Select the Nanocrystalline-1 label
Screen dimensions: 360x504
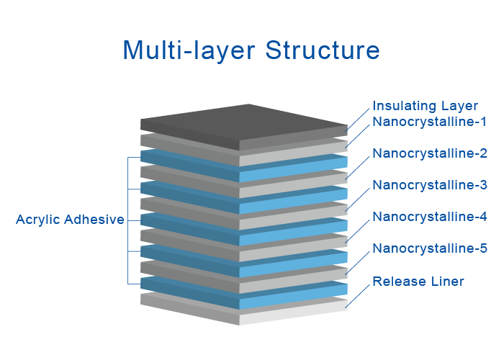[x=430, y=122]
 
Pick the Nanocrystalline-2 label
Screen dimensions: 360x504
[x=430, y=153]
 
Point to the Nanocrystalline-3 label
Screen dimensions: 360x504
[x=430, y=185]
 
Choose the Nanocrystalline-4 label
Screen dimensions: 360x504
[x=430, y=217]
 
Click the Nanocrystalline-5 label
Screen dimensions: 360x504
[x=430, y=248]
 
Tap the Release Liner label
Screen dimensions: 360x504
[x=418, y=281]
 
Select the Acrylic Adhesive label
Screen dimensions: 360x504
[x=70, y=220]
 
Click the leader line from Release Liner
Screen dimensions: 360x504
[x=358, y=294]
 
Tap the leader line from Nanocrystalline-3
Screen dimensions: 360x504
[x=358, y=198]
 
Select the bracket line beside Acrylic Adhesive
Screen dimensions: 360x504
[x=128, y=220]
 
